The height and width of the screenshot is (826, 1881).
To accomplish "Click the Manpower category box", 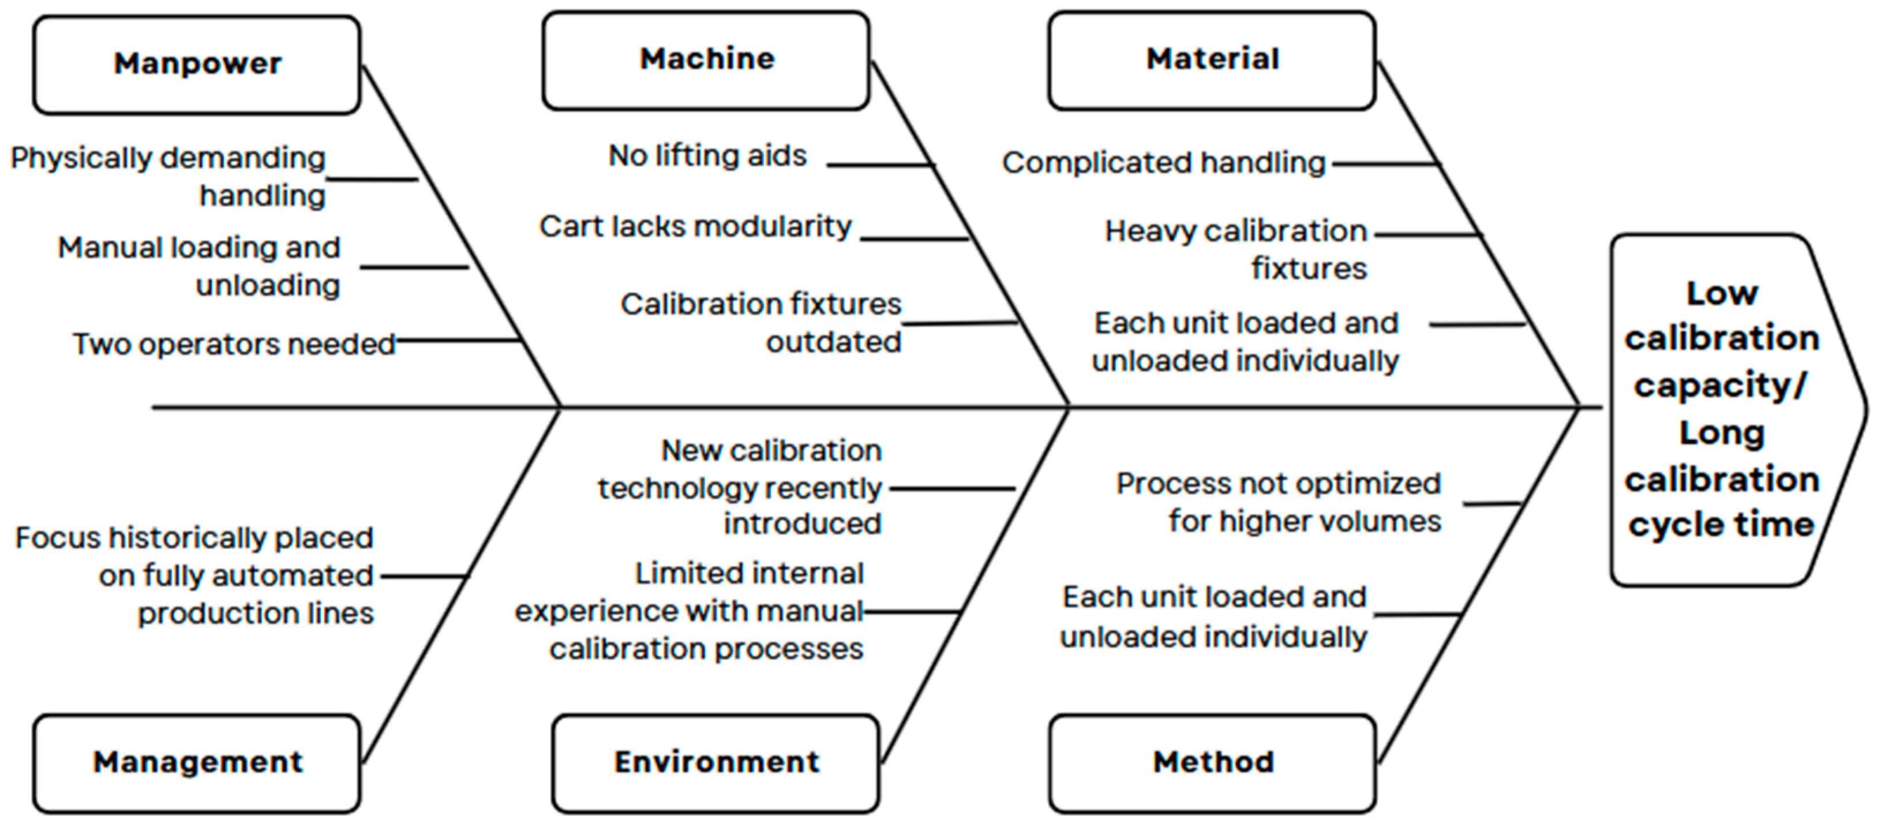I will pos(197,64).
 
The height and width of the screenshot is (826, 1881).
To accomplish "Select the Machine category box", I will pos(706,60).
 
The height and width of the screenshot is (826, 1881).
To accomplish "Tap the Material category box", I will pos(1212,60).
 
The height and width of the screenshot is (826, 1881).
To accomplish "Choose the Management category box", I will pos(197,763).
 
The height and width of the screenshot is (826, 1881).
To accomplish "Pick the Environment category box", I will pos(716,763).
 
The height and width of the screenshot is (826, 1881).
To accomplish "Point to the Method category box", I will pos(1213,763).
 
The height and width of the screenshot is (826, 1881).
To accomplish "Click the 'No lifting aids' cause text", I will pos(707,155).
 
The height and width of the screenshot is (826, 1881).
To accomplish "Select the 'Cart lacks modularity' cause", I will pos(695,226).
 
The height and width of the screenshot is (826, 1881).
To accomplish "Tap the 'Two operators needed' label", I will pos(234,344).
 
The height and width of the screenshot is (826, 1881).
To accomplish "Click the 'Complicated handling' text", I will pos(1163,163).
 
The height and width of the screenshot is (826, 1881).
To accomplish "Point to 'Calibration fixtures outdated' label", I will pos(761,323).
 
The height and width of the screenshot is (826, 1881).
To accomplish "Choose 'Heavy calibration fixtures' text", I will pos(1235,250).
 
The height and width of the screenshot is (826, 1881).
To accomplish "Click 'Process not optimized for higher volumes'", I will pos(1279,502).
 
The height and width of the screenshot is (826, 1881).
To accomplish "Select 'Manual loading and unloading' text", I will pos(198,267).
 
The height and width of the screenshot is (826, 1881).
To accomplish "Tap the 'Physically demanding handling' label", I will pos(168,177).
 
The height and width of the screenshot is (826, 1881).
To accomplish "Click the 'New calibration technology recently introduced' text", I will pos(739,487).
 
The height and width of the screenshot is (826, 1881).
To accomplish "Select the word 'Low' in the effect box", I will pos(1722,294).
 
